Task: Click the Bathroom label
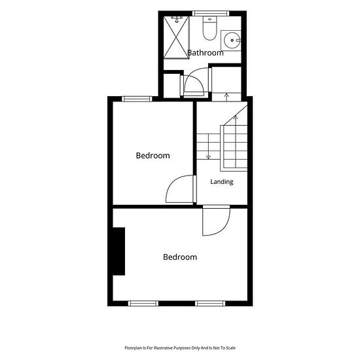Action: click(206, 53)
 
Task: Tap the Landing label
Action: click(222, 182)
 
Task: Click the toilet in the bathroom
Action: click(209, 28)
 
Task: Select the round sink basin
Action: click(232, 41)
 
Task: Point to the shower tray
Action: click(176, 37)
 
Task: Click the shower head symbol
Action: click(177, 19)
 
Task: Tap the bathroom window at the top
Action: click(211, 13)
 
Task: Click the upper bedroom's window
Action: click(137, 99)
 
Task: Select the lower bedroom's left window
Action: click(143, 303)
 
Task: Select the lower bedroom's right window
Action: click(210, 303)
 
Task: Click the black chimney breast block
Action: click(119, 251)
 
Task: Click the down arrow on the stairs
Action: click(208, 147)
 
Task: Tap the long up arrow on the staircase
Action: click(236, 141)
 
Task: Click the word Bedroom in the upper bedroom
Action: click(153, 156)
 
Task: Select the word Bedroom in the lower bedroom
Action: click(180, 257)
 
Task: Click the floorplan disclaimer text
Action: click(180, 348)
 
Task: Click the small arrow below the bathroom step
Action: click(227, 97)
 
